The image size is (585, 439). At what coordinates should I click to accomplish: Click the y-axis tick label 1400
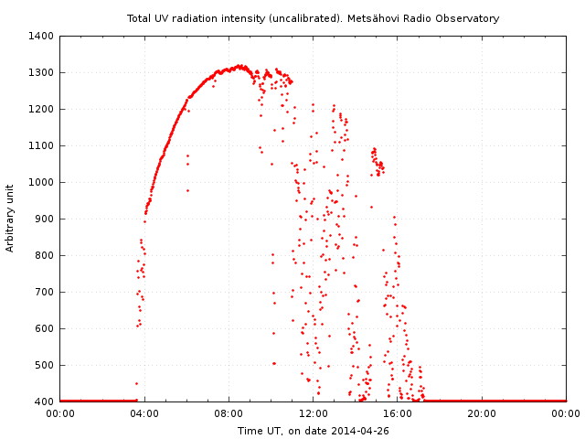pyautogui.click(x=41, y=36)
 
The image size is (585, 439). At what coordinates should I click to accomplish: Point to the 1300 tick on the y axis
pyautogui.click(x=41, y=72)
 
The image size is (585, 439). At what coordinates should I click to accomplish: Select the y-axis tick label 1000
pyautogui.click(x=41, y=182)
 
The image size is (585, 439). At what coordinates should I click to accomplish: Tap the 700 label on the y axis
pyautogui.click(x=44, y=292)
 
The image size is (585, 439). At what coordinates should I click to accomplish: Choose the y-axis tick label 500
pyautogui.click(x=44, y=365)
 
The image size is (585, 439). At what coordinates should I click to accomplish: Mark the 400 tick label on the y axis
pyautogui.click(x=44, y=402)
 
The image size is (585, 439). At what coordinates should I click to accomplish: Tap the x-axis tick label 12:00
pyautogui.click(x=314, y=413)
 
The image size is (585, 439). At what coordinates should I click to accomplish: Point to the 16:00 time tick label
pyautogui.click(x=398, y=413)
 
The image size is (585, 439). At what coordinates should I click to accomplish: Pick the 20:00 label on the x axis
pyautogui.click(x=482, y=413)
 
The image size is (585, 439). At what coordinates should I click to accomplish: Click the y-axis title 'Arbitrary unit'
pyautogui.click(x=11, y=219)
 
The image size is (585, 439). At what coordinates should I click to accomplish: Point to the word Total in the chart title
pyautogui.click(x=140, y=18)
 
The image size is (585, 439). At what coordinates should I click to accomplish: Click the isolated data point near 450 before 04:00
pyautogui.click(x=136, y=383)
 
